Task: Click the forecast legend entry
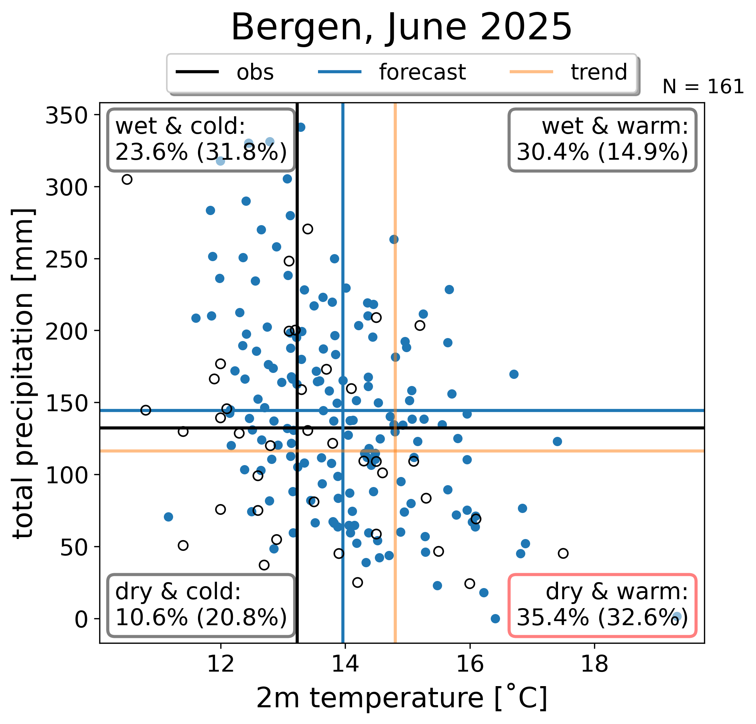[x=392, y=72]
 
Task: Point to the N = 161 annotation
[x=703, y=87]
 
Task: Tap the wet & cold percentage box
[x=201, y=140]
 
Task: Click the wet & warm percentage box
[x=602, y=140]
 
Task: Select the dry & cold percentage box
[x=201, y=605]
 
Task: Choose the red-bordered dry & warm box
[x=602, y=605]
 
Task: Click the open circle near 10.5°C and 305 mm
[x=127, y=179]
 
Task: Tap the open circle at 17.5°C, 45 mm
[x=563, y=553]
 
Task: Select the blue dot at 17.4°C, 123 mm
[x=557, y=441]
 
